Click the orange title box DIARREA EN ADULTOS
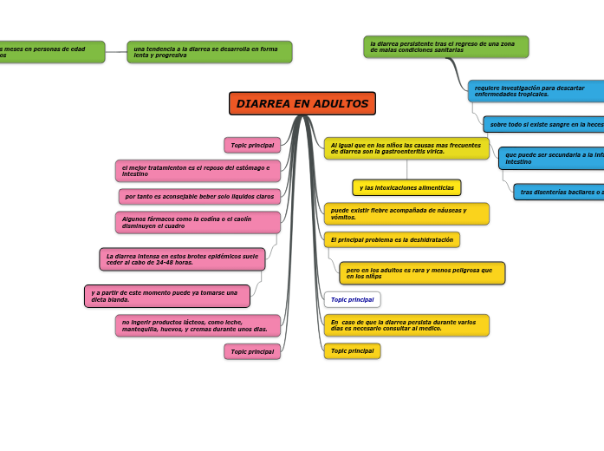(x=302, y=104)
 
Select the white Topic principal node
(x=352, y=299)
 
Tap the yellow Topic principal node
(x=352, y=351)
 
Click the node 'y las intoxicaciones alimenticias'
(x=406, y=188)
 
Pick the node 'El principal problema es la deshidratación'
(x=392, y=239)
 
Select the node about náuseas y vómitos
(x=406, y=213)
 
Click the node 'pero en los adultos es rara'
(x=422, y=273)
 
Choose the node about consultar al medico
(x=406, y=325)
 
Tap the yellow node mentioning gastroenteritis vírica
(x=406, y=148)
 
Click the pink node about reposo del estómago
(x=198, y=171)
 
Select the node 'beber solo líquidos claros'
(x=199, y=197)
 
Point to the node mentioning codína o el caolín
(x=198, y=223)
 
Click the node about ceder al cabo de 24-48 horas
(x=182, y=259)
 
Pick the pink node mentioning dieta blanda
(x=167, y=297)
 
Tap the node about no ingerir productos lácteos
(x=198, y=326)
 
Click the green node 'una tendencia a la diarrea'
(x=210, y=52)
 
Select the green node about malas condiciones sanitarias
(x=446, y=47)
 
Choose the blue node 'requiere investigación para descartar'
(x=536, y=91)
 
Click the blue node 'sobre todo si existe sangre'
(x=543, y=125)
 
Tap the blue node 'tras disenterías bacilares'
(x=559, y=192)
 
